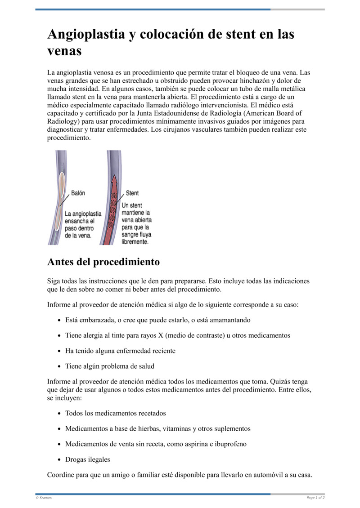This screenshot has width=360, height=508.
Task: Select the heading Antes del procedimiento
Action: tap(103, 262)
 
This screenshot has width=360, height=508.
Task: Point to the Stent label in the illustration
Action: tap(132, 193)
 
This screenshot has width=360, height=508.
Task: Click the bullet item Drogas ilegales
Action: tap(87, 459)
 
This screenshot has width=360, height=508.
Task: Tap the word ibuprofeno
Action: tap(229, 444)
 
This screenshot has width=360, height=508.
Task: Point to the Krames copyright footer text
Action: tap(44, 498)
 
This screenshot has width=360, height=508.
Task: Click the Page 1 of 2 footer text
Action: tap(315, 498)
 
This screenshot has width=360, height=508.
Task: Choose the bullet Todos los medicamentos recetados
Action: tap(115, 413)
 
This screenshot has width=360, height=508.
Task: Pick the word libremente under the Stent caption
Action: tap(135, 241)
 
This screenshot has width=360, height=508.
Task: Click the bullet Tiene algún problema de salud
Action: tap(109, 366)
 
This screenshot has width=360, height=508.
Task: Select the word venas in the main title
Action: tap(64, 51)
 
